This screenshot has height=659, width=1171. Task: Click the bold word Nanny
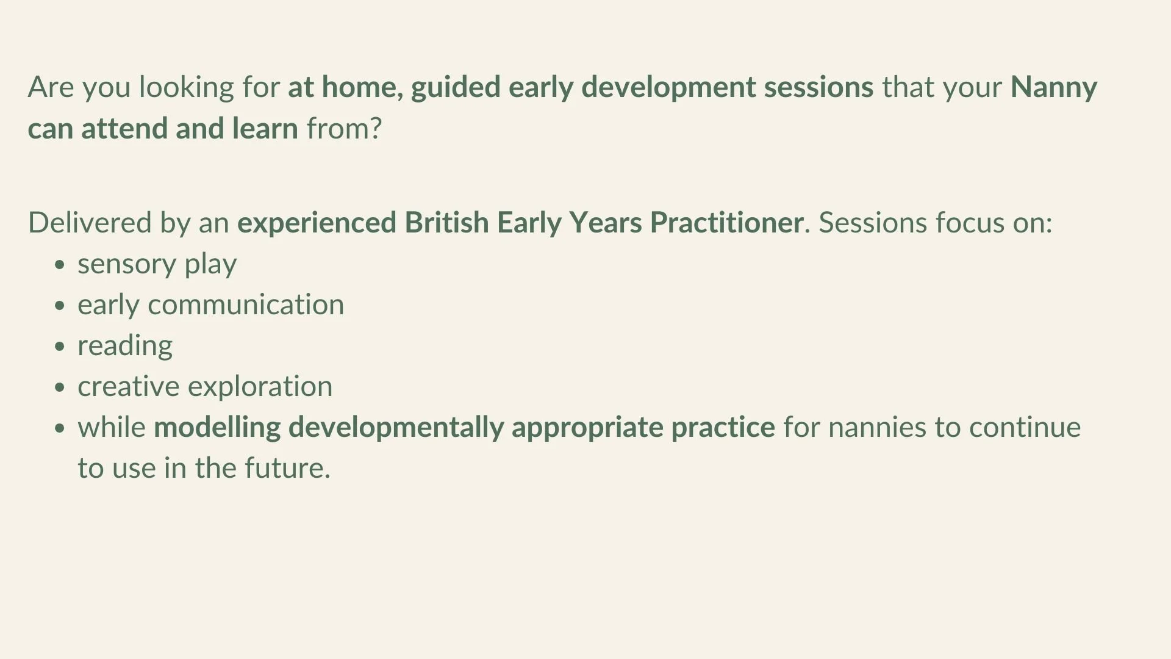click(x=1053, y=88)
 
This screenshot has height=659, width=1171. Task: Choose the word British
click(x=446, y=223)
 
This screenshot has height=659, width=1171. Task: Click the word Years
click(x=605, y=223)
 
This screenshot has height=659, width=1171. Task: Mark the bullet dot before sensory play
click(x=59, y=265)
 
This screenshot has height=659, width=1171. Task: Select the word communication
click(x=246, y=304)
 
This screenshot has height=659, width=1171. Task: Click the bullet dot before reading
click(x=59, y=347)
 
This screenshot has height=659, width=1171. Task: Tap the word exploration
click(x=260, y=387)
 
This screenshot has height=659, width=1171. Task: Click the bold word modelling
click(x=217, y=427)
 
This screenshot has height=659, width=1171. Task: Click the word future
click(x=287, y=468)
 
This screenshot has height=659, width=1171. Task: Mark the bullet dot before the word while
click(x=59, y=428)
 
